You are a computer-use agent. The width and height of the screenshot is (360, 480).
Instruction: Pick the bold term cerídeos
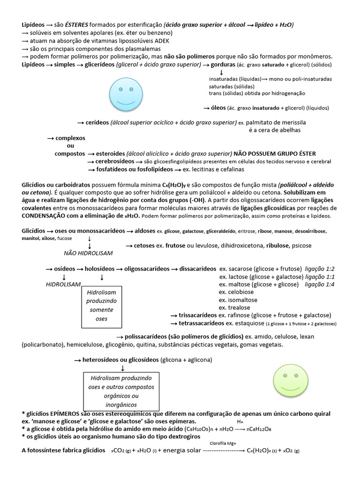tap(97, 123)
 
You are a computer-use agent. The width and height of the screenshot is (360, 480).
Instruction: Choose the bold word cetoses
tap(145, 246)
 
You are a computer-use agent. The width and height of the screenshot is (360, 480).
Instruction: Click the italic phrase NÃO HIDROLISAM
tap(88, 253)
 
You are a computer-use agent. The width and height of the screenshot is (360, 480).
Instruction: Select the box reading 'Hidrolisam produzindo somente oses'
tap(101, 307)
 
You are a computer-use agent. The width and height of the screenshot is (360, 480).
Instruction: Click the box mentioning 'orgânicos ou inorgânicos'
tap(121, 391)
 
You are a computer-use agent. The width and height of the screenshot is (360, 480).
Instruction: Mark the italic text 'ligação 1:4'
tap(320, 285)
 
